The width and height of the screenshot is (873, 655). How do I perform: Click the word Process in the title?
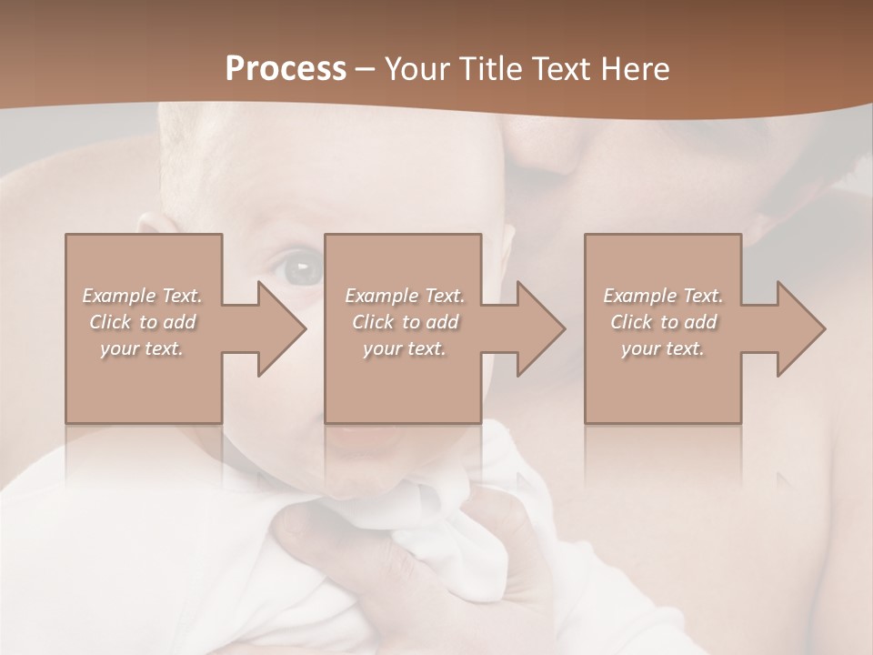(286, 69)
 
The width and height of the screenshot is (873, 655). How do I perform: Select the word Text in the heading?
(559, 69)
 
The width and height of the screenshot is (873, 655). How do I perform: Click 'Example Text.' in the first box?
(142, 296)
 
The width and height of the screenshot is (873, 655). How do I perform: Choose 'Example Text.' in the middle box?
(405, 296)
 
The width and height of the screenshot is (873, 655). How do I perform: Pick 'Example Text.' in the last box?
(663, 296)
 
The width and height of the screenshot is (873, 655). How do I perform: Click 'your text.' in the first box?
(142, 348)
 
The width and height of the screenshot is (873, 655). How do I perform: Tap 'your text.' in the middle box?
(405, 348)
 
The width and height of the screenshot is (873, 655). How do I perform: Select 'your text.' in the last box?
(663, 348)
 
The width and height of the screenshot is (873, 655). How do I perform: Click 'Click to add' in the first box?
(142, 322)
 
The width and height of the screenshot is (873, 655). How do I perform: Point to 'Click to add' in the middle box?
(405, 322)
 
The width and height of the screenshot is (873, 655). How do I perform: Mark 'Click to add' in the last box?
(663, 322)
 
